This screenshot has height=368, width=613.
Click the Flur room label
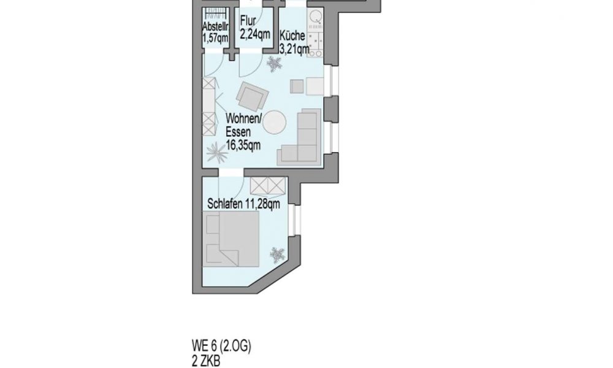coord(248,20)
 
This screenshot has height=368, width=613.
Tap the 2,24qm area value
coord(255,34)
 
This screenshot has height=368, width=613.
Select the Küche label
coord(292,36)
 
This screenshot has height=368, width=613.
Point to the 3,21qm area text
coord(295,49)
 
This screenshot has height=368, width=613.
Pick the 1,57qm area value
coord(215,38)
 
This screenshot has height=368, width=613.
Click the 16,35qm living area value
coord(243,145)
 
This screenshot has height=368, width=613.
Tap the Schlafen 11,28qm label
coord(243,204)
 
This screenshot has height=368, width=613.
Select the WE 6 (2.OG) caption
coord(221,346)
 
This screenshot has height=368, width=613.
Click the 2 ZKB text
coord(206,361)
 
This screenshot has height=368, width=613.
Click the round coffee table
coord(275,123)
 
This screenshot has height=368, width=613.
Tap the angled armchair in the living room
coord(253,96)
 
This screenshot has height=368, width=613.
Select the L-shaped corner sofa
coord(300,139)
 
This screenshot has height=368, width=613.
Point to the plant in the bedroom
coord(277,255)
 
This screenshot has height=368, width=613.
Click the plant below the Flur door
coord(274,64)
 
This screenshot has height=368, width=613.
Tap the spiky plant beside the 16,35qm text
coord(217,153)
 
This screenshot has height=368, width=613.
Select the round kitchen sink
coord(315,17)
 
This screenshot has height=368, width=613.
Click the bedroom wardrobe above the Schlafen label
coord(267,185)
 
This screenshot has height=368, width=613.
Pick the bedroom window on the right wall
coord(295,220)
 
